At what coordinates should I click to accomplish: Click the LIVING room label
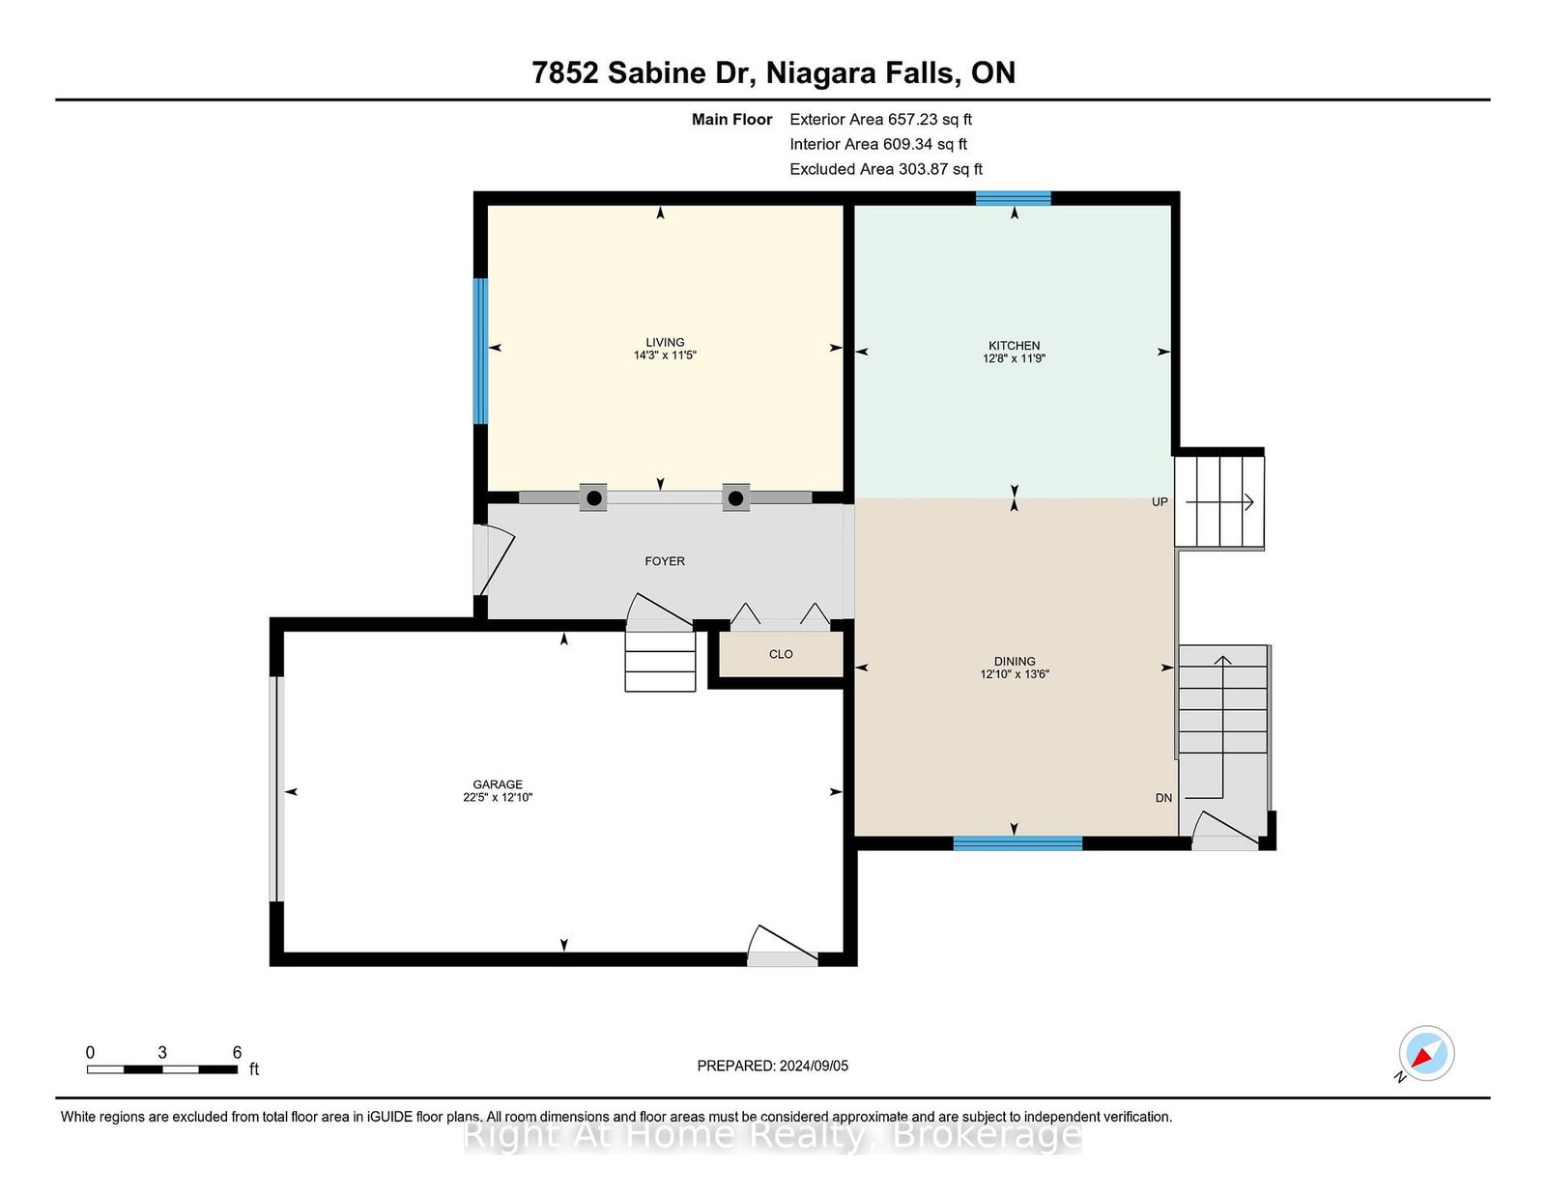click(665, 342)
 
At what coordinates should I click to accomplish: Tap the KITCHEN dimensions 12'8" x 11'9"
click(1014, 358)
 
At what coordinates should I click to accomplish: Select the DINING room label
click(1015, 661)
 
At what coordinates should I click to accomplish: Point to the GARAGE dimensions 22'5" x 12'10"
click(498, 797)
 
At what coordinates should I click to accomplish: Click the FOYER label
click(665, 561)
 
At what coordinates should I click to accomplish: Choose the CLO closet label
click(781, 654)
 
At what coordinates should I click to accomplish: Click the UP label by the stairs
click(1159, 501)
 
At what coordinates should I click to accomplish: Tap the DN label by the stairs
click(1163, 797)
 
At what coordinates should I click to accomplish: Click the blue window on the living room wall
click(481, 351)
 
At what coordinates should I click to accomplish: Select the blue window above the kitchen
click(1014, 198)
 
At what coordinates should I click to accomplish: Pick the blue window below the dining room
click(1017, 843)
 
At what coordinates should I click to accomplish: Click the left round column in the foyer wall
click(593, 498)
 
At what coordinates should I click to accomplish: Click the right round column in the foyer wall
click(735, 498)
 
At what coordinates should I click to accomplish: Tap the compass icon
click(1426, 1053)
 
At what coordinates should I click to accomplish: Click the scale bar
click(162, 1069)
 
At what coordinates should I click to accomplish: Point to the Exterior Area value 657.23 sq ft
click(930, 120)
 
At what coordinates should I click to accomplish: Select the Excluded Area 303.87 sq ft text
click(886, 169)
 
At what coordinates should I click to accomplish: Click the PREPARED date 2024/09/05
click(814, 1066)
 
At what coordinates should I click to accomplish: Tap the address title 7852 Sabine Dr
click(644, 72)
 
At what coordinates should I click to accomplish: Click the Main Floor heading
click(731, 120)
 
